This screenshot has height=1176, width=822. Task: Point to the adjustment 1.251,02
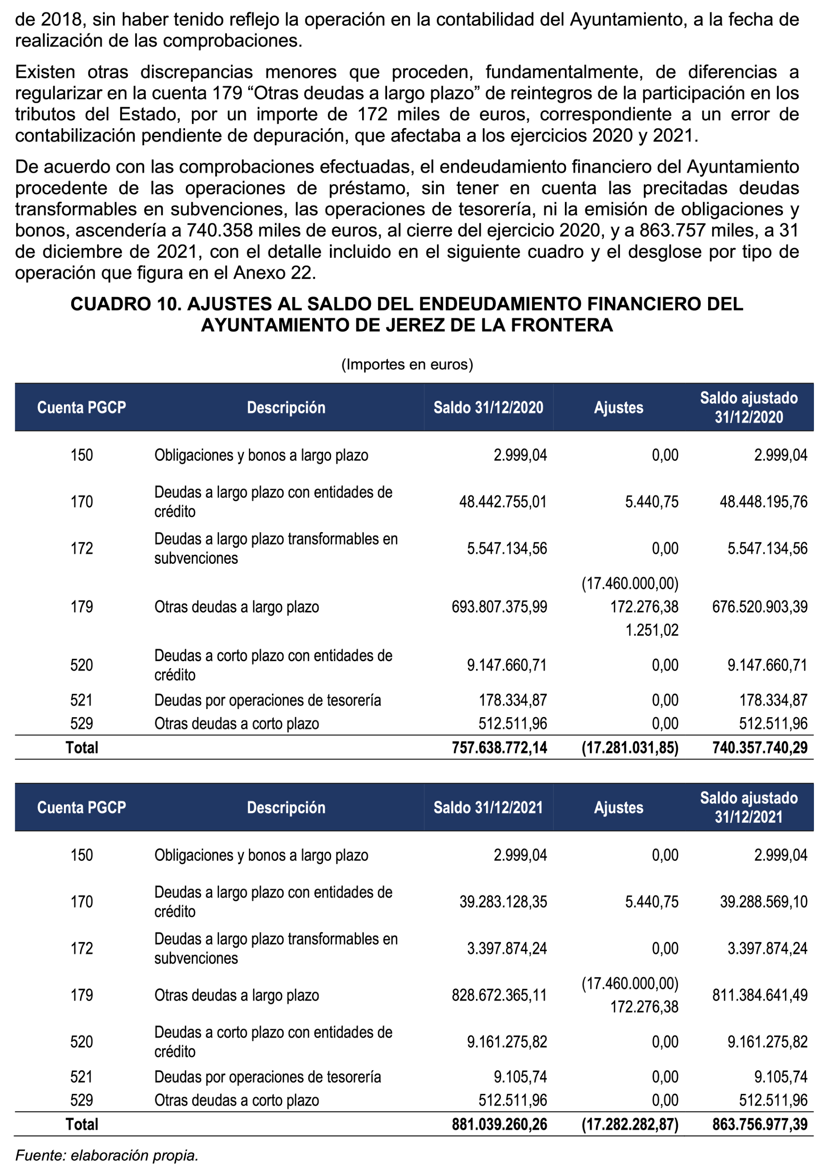(651, 630)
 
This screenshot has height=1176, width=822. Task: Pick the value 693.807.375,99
(499, 607)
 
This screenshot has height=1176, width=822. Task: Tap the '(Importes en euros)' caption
(407, 364)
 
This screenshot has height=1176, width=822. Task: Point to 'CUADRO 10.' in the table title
(125, 304)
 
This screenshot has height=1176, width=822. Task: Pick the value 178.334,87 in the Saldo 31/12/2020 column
(513, 700)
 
